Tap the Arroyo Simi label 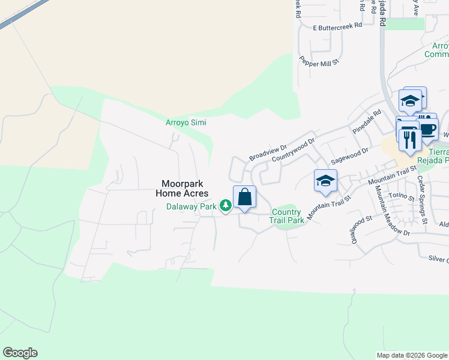coord(186,122)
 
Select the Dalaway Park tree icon coord(226,206)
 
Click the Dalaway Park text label coord(191,206)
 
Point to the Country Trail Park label coord(286,216)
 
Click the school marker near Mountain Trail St coord(325,181)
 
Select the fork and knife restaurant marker coord(410,140)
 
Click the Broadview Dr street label coord(268,151)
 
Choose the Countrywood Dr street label coord(293,150)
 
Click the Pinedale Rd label coord(367,121)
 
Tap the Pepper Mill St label coord(320,62)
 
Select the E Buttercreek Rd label coord(337,26)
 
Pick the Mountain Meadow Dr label coord(391,211)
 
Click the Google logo coord(20,353)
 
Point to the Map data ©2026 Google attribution coord(411,355)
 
